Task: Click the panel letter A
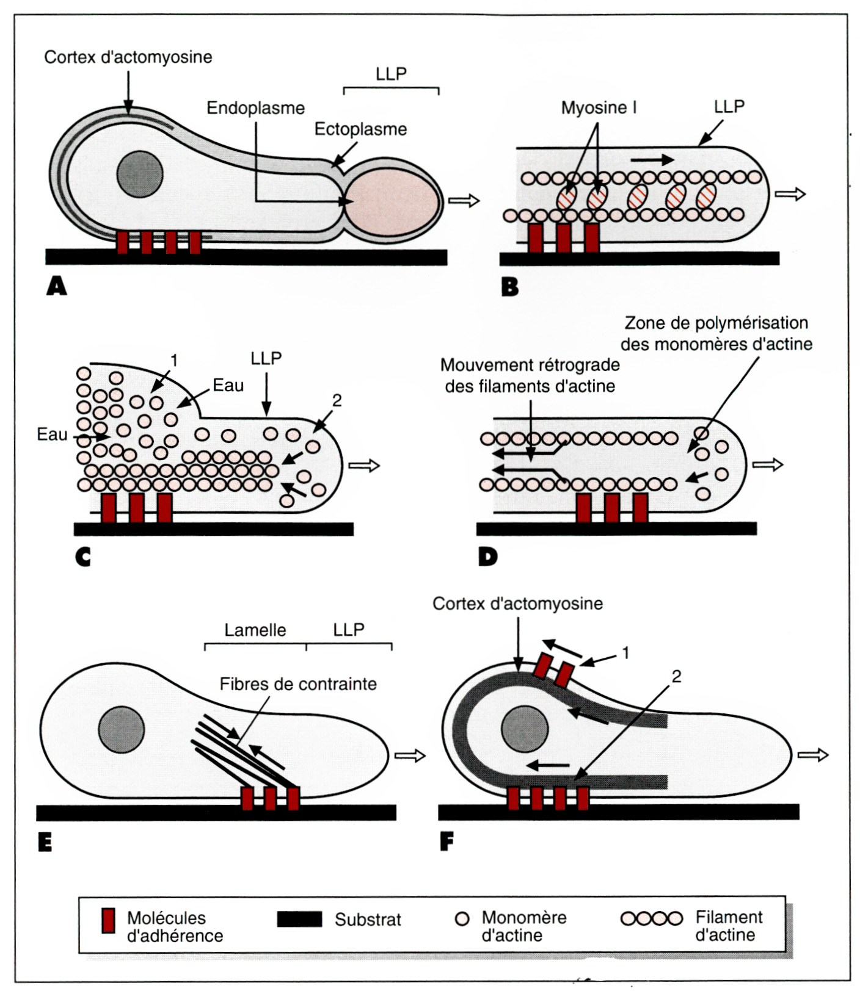[x=57, y=286]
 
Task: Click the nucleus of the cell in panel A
[x=140, y=174]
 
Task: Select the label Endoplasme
[x=255, y=108]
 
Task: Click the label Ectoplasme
[x=360, y=129]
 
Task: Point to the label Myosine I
[x=599, y=108]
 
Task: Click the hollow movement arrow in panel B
[x=790, y=194]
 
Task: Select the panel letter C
[x=82, y=557]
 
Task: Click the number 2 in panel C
[x=337, y=400]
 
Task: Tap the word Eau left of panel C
[x=52, y=434]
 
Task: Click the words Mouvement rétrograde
[x=530, y=365]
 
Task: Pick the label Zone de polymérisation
[x=716, y=323]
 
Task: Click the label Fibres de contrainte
[x=298, y=684]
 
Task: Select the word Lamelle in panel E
[x=255, y=630]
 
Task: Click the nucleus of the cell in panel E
[x=122, y=729]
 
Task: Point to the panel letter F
[x=447, y=842]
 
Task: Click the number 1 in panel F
[x=625, y=653]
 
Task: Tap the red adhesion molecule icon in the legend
[x=108, y=921]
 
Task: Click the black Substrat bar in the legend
[x=299, y=919]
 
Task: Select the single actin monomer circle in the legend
[x=462, y=918]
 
